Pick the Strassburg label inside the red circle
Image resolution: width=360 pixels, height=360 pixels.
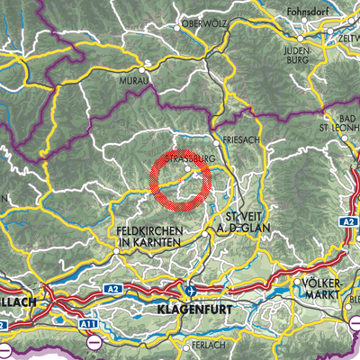pos(191,155)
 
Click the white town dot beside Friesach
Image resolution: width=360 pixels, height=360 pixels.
pos(216,141)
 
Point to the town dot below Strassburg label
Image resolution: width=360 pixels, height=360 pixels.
pos(187,168)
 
